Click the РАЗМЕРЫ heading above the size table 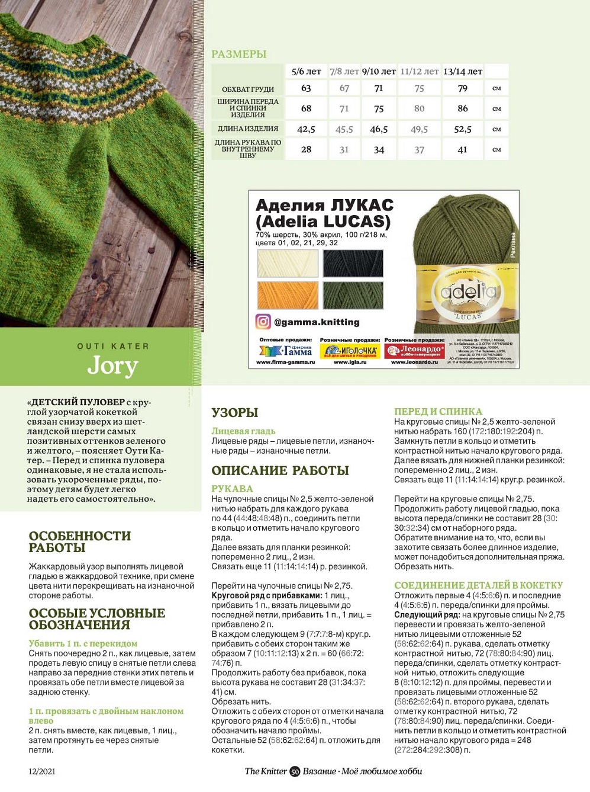coord(238,54)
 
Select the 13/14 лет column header coord(462,72)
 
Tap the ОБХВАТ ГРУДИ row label coord(247,89)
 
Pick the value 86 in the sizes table coord(462,108)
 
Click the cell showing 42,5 coord(306,129)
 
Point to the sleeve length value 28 coord(306,150)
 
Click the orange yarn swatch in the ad coord(288,295)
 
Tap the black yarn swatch coord(353,264)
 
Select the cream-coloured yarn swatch coord(288,264)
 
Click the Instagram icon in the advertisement coord(263,322)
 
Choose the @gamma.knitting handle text coord(317,322)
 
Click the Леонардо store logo coord(414,351)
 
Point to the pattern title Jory coord(112,366)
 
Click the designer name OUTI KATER coord(113,346)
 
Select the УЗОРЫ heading coord(234,413)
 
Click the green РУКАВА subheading coord(232,489)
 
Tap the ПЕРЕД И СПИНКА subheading coord(438,411)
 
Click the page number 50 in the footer coord(295,771)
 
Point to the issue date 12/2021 coord(42,771)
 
